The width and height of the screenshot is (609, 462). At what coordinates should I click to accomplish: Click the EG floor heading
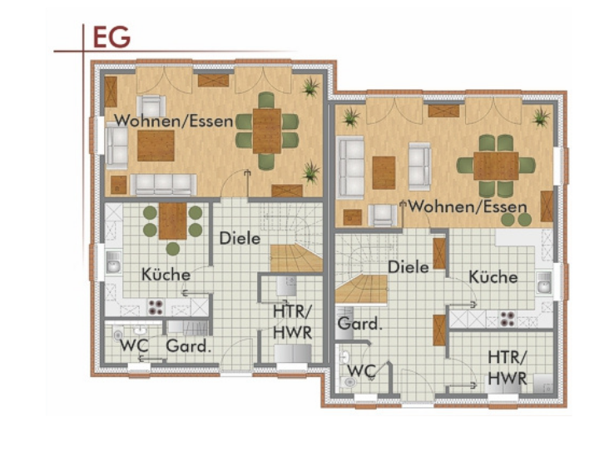pos(111,37)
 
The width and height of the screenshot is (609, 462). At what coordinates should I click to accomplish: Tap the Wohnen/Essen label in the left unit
pos(174,121)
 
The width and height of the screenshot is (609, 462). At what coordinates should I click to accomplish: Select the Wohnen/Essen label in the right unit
pos(468,206)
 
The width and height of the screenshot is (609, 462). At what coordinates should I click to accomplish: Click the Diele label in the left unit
pos(240,238)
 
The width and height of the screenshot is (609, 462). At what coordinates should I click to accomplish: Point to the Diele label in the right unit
pos(408,267)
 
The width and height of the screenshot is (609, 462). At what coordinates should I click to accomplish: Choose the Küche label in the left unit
pos(166,275)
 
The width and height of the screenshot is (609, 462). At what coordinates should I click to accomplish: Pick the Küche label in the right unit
pos(493,277)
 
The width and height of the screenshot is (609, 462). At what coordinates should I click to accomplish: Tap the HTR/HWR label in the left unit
pos(293,322)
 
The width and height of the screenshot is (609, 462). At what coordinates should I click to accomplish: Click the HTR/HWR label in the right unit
pos(507,368)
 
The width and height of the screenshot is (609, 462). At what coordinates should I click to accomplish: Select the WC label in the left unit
pos(134,345)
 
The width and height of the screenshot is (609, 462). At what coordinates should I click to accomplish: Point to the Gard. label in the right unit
pos(359,323)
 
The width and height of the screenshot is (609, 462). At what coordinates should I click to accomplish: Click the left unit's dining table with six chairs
pos(267,131)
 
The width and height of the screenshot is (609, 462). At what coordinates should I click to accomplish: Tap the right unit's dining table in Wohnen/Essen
pos(496,166)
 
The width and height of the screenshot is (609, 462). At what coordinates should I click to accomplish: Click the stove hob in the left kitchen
pos(156,307)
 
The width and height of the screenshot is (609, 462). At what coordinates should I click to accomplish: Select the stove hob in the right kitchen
pos(507,318)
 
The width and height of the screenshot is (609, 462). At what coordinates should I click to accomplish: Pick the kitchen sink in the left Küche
pos(113,262)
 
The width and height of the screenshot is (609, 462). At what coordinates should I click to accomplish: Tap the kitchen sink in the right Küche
pos(545,282)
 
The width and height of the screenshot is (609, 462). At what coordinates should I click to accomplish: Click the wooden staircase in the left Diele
pos(296,257)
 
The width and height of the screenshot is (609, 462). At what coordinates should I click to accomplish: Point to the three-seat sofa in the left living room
pos(164,185)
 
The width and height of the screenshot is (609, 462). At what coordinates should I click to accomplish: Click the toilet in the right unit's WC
pos(350,381)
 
